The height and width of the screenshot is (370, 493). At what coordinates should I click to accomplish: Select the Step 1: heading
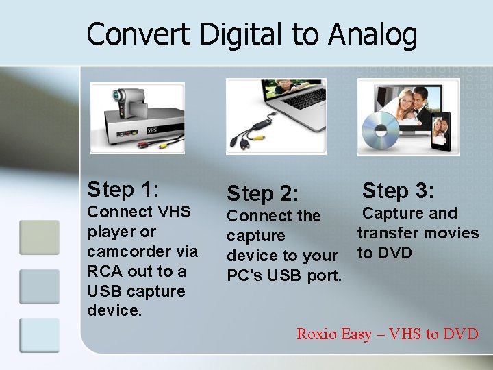click(x=123, y=188)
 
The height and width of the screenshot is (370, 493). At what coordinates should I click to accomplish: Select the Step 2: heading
click(x=263, y=193)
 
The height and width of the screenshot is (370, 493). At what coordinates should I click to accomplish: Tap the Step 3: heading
click(x=399, y=190)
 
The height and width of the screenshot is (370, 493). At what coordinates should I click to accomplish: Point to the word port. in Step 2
click(x=325, y=275)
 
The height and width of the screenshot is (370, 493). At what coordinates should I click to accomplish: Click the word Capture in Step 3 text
click(x=391, y=213)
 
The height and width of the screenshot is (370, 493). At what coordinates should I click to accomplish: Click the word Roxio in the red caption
click(x=316, y=334)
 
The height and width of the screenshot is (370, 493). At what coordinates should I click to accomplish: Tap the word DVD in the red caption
click(x=460, y=334)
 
